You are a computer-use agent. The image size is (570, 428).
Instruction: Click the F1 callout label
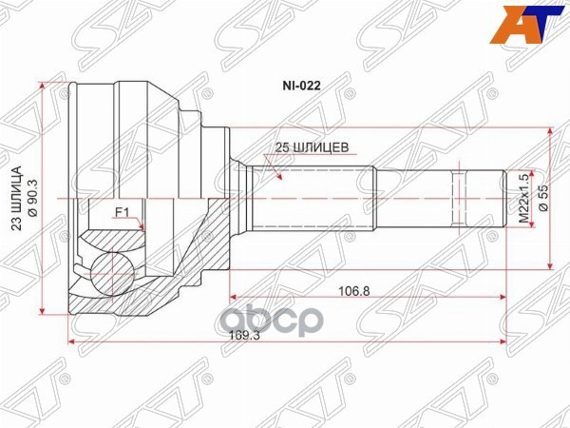coord(122,211)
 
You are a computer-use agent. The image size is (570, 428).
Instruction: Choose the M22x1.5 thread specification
coord(521,198)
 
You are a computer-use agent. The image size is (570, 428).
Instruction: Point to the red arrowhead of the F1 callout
coord(142,228)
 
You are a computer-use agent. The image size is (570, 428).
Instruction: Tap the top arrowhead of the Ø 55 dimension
coord(551,132)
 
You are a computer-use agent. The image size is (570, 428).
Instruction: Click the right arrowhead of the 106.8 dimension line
coord(503,296)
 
